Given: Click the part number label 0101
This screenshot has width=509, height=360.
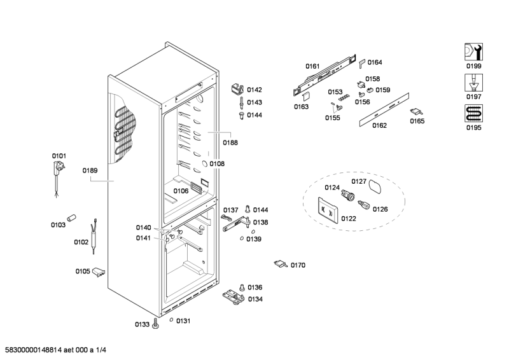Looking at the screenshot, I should pyautogui.click(x=59, y=156).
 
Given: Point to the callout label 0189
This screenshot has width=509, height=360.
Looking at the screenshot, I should pyautogui.click(x=90, y=170).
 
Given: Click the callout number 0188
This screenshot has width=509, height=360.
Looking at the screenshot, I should pyautogui.click(x=230, y=142).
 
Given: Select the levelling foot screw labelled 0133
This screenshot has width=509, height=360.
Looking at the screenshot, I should pyautogui.click(x=155, y=324).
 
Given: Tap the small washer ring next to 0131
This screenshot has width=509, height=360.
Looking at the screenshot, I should pyautogui.click(x=171, y=321).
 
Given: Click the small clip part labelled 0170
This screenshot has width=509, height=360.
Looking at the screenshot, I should pyautogui.click(x=281, y=263).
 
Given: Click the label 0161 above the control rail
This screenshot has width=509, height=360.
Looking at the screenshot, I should pyautogui.click(x=312, y=66).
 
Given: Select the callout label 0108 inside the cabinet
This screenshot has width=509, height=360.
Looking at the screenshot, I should pyautogui.click(x=217, y=163).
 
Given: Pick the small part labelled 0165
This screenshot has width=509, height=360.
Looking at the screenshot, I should pyautogui.click(x=417, y=112).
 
